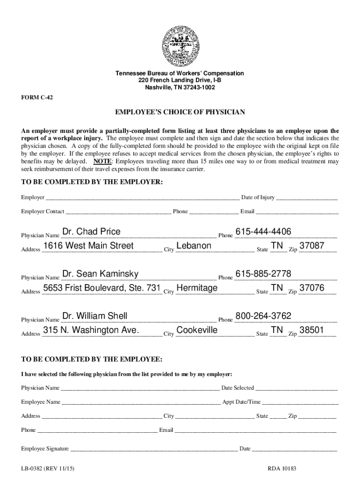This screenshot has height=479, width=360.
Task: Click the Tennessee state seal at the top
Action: tap(180, 44)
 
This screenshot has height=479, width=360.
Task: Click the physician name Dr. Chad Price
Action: tap(91, 232)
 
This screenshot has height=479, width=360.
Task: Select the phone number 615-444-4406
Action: tap(263, 232)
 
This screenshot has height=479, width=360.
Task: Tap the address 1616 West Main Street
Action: tap(88, 246)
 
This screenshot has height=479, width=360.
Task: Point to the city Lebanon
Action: tap(194, 246)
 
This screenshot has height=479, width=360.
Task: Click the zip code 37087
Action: tap(312, 246)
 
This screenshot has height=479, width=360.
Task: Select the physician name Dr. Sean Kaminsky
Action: tap(101, 274)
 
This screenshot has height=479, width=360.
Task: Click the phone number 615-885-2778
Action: tap(263, 274)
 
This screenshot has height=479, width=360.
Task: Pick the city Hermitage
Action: tap(197, 288)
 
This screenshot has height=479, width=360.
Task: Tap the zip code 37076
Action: tap(312, 288)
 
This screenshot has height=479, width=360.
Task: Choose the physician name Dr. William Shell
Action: tap(95, 316)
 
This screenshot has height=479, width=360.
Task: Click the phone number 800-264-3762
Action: tap(263, 316)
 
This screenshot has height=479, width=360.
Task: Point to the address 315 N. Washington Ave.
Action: tap(91, 330)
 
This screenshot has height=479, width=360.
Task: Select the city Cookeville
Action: tap(197, 330)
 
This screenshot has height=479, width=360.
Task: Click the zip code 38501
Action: tap(312, 330)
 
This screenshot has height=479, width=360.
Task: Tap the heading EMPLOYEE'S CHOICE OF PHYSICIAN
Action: tap(180, 113)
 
